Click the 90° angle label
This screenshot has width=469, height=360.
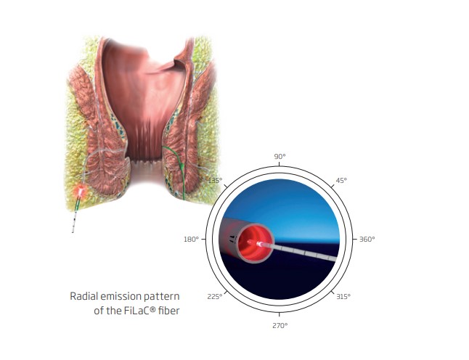tap(280, 156)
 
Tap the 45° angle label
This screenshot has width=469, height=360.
tap(341, 181)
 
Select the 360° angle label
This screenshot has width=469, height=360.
tap(367, 240)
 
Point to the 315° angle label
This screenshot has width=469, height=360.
tap(343, 297)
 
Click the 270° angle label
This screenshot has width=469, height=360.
tap(280, 326)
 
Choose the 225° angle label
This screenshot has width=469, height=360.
tap(215, 297)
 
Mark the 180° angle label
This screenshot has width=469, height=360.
tap(191, 240)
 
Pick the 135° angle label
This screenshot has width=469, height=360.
tap(216, 180)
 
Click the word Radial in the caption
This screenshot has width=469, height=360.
tap(83, 296)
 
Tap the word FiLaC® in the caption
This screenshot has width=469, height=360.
tap(139, 311)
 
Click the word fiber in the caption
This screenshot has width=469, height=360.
tap(169, 311)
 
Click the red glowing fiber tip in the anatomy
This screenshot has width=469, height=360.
tap(81, 190)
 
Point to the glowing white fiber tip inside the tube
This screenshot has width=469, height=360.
tap(259, 244)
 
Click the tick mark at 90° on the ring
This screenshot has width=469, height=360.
tap(280, 164)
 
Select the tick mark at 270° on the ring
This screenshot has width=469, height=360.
tap(280, 314)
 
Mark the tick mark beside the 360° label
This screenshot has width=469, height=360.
tap(355, 240)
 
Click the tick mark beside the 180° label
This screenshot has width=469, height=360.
tap(204, 240)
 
